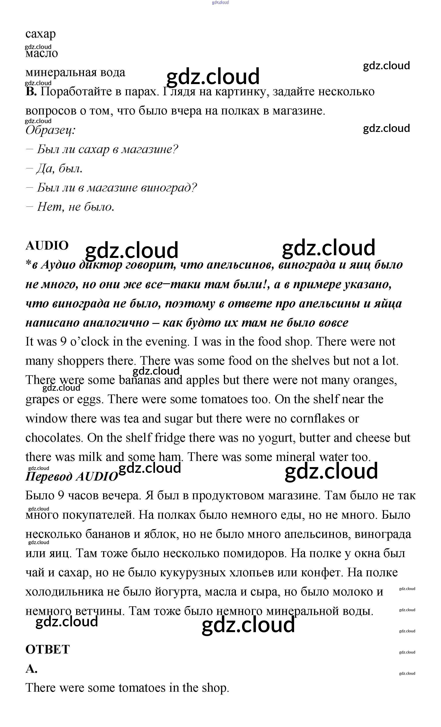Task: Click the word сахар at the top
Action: pyautogui.click(x=40, y=34)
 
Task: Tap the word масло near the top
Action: pyautogui.click(x=42, y=53)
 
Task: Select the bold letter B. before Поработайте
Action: pyautogui.click(x=31, y=92)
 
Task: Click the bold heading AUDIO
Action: pyautogui.click(x=47, y=246)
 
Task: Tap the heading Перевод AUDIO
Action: pyautogui.click(x=72, y=477)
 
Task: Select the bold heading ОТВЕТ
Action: pyautogui.click(x=47, y=649)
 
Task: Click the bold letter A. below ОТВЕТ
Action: pyautogui.click(x=31, y=669)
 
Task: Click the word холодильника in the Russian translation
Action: pyautogui.click(x=64, y=592)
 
